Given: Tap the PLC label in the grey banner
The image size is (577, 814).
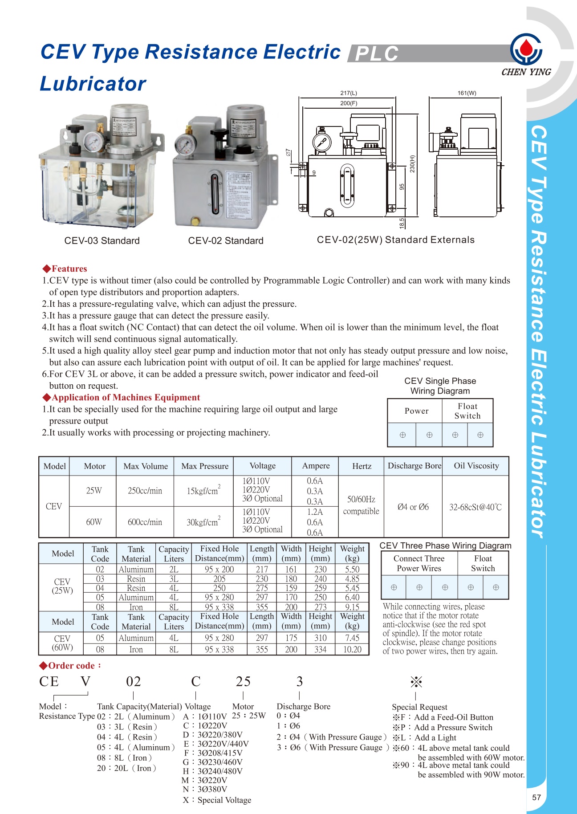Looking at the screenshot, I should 377,54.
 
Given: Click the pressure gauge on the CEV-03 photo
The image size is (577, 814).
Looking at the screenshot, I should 93,142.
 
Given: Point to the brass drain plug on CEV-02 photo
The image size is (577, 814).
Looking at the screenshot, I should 195,221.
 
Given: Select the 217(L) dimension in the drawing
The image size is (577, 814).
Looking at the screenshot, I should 348,93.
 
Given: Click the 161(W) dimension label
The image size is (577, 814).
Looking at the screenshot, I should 467,93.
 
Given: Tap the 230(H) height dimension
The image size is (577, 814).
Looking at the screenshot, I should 412,164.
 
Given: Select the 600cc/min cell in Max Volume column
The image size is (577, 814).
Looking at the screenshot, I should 145,522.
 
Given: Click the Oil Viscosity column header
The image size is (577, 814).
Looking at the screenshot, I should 476,466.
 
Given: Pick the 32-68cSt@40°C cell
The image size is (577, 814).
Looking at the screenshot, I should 475,507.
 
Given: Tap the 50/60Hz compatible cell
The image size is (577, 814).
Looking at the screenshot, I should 361,505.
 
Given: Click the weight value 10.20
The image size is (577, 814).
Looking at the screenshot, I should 352,650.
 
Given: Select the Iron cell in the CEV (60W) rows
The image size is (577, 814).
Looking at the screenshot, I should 136,650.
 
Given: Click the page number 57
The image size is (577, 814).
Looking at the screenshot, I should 536,797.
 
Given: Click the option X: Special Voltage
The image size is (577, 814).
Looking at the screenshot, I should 217,800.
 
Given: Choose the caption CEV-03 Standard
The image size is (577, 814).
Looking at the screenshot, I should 102,241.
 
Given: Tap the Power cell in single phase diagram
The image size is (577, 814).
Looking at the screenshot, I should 416,411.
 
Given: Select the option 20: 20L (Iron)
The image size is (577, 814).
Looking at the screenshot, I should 126,768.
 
